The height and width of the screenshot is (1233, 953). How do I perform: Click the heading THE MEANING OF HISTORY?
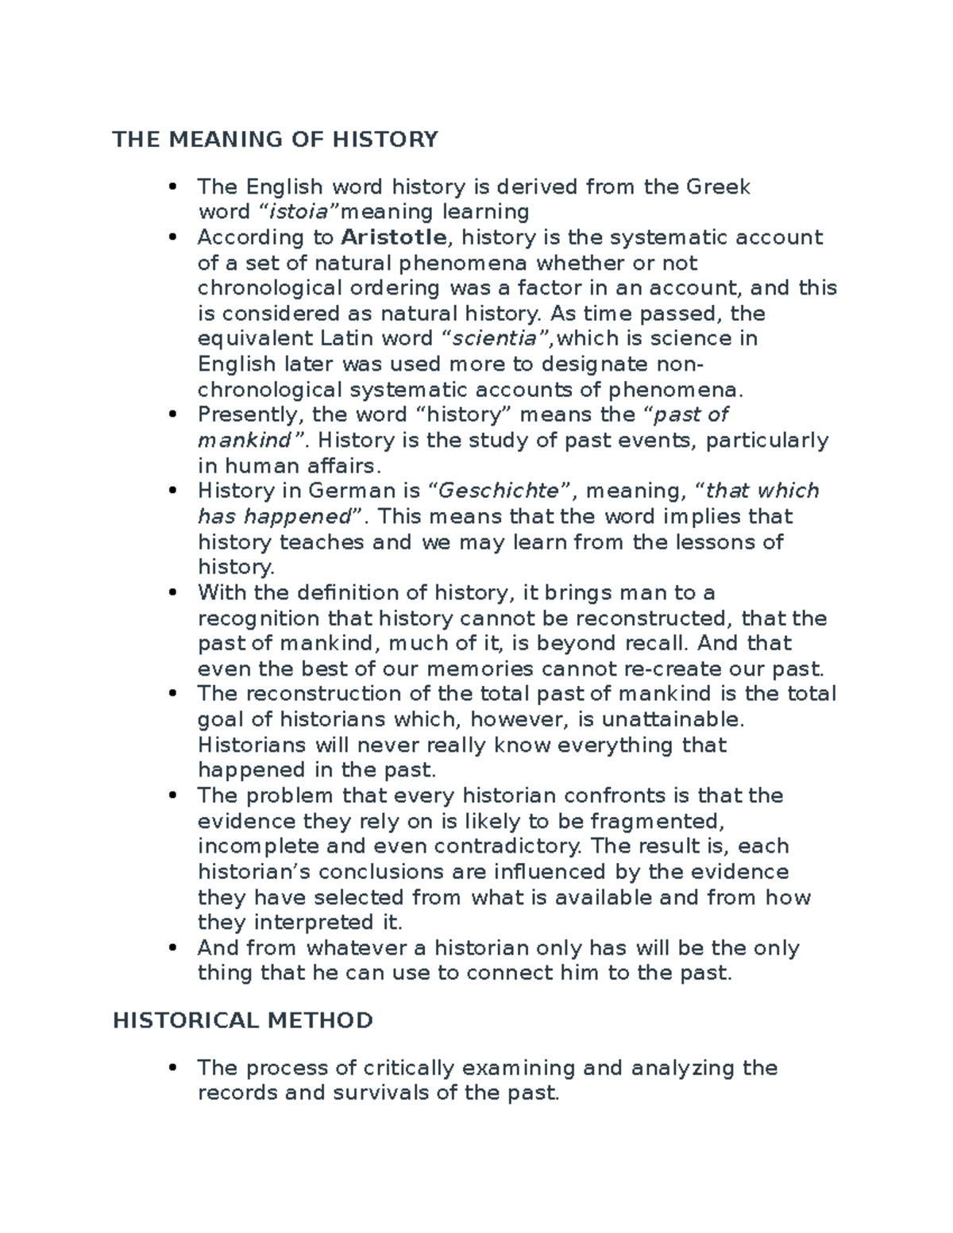click(275, 141)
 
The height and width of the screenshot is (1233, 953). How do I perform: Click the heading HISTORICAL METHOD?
click(242, 1020)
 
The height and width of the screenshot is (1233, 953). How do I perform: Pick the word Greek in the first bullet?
click(718, 187)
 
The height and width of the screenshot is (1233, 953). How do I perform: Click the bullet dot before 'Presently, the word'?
click(172, 414)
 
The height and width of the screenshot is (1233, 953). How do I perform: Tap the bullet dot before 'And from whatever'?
click(172, 948)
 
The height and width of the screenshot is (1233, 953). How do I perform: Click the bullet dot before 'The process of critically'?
click(172, 1068)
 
